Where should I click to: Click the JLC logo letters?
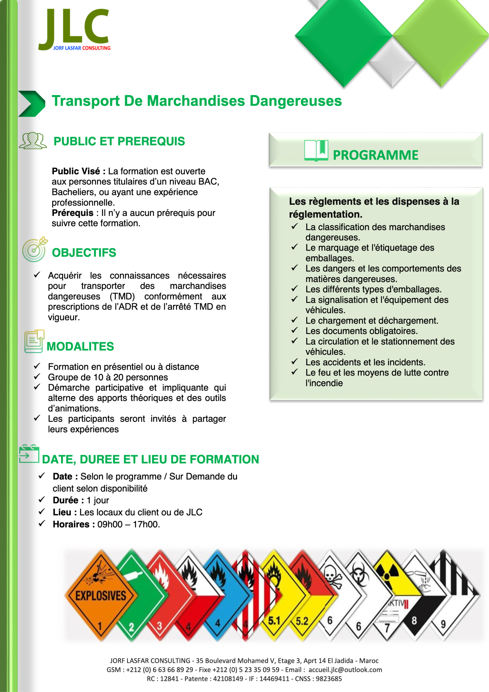(x=74, y=29)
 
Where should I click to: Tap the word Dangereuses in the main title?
(x=296, y=101)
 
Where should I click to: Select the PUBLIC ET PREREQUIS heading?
(x=119, y=141)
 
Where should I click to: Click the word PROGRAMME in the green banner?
(x=376, y=155)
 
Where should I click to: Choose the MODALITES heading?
(x=80, y=347)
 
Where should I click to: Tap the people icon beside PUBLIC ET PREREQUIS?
(x=33, y=141)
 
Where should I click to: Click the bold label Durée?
(x=65, y=500)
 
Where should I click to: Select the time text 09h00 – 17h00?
(x=128, y=524)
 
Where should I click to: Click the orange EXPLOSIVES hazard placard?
(x=101, y=595)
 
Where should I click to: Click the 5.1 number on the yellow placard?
(x=274, y=621)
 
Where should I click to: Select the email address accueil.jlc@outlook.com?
(x=345, y=670)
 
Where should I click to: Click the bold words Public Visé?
(x=76, y=171)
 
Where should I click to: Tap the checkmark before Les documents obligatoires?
(x=294, y=330)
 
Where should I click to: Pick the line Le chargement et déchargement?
(x=371, y=321)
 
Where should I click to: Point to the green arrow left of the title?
(x=31, y=103)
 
